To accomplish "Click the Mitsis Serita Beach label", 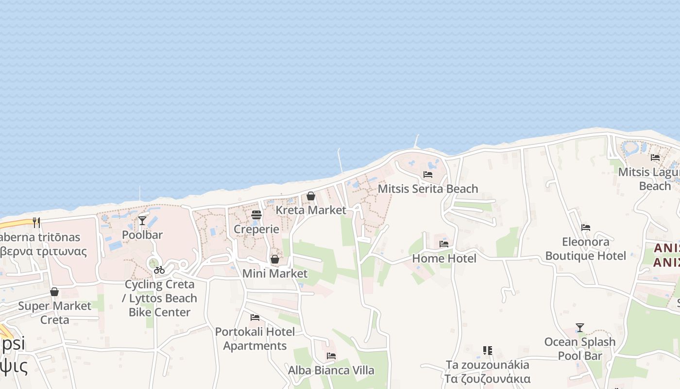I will pos(427,189).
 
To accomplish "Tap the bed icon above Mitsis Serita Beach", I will pos(427,174).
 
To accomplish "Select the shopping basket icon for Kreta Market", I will pos(311,196).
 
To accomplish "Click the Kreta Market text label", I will pos(311,210).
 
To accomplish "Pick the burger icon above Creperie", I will pos(256,214).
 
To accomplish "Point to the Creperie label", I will pos(256,229).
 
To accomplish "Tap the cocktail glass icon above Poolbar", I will pos(142,220).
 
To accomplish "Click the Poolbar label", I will pos(142,235).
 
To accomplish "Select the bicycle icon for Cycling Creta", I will pos(159,270).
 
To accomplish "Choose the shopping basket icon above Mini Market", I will pos(275,259).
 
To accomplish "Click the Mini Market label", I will pos(275,274).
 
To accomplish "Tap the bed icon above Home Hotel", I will pos(444,244).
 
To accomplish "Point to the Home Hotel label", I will pos(444,259).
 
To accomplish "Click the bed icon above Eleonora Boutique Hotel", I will pos(586,227).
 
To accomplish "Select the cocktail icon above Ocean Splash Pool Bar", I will pos(580,327).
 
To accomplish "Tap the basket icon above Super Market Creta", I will pos(54,292).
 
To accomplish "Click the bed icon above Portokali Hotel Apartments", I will pos(255,318).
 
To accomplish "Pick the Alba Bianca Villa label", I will pos(331,371).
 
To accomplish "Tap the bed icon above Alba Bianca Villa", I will pos(331,356).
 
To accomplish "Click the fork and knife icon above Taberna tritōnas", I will pos(36,222).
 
